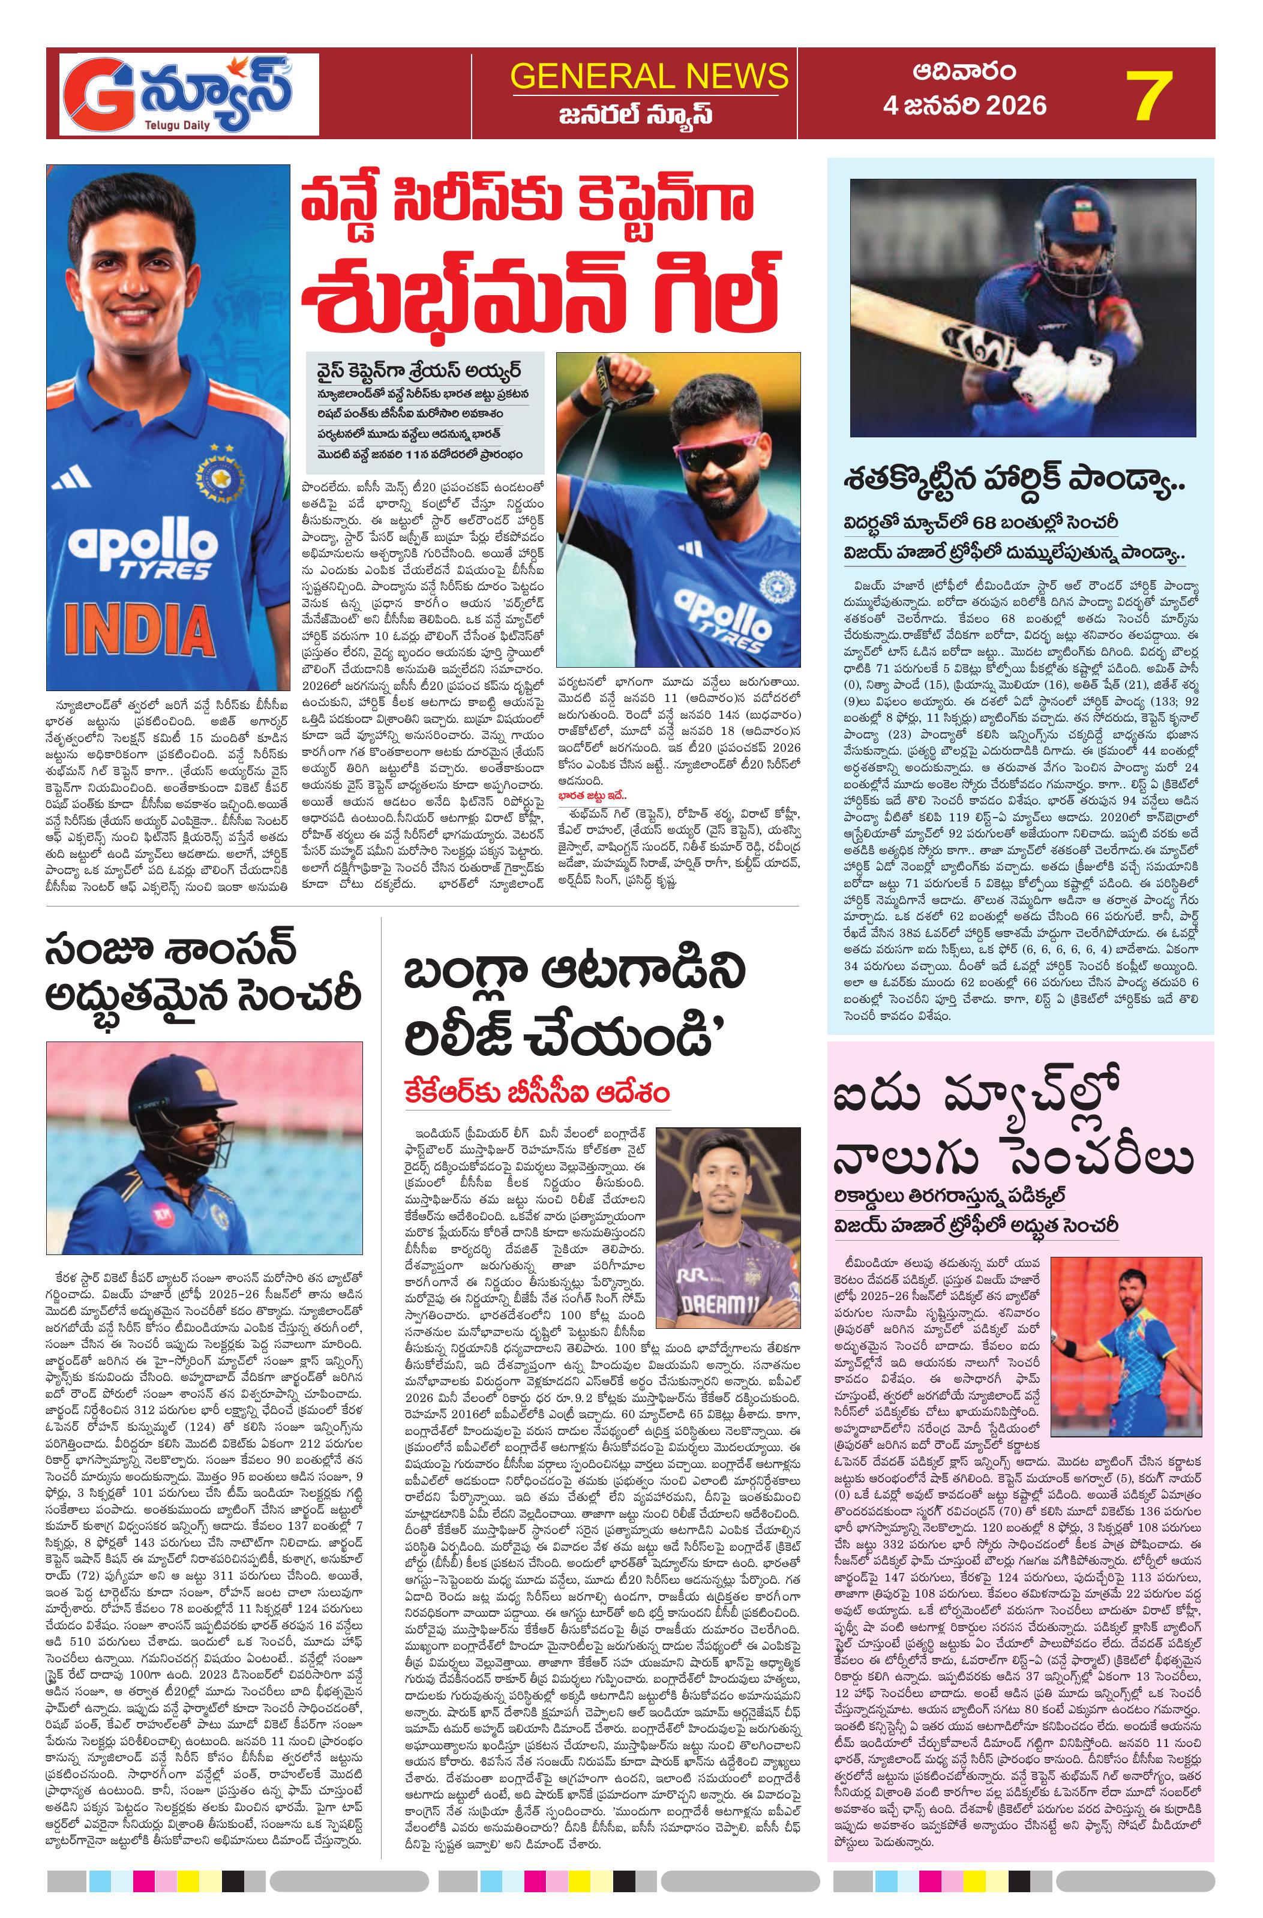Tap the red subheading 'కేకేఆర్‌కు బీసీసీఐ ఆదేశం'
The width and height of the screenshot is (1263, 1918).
click(538, 1094)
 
